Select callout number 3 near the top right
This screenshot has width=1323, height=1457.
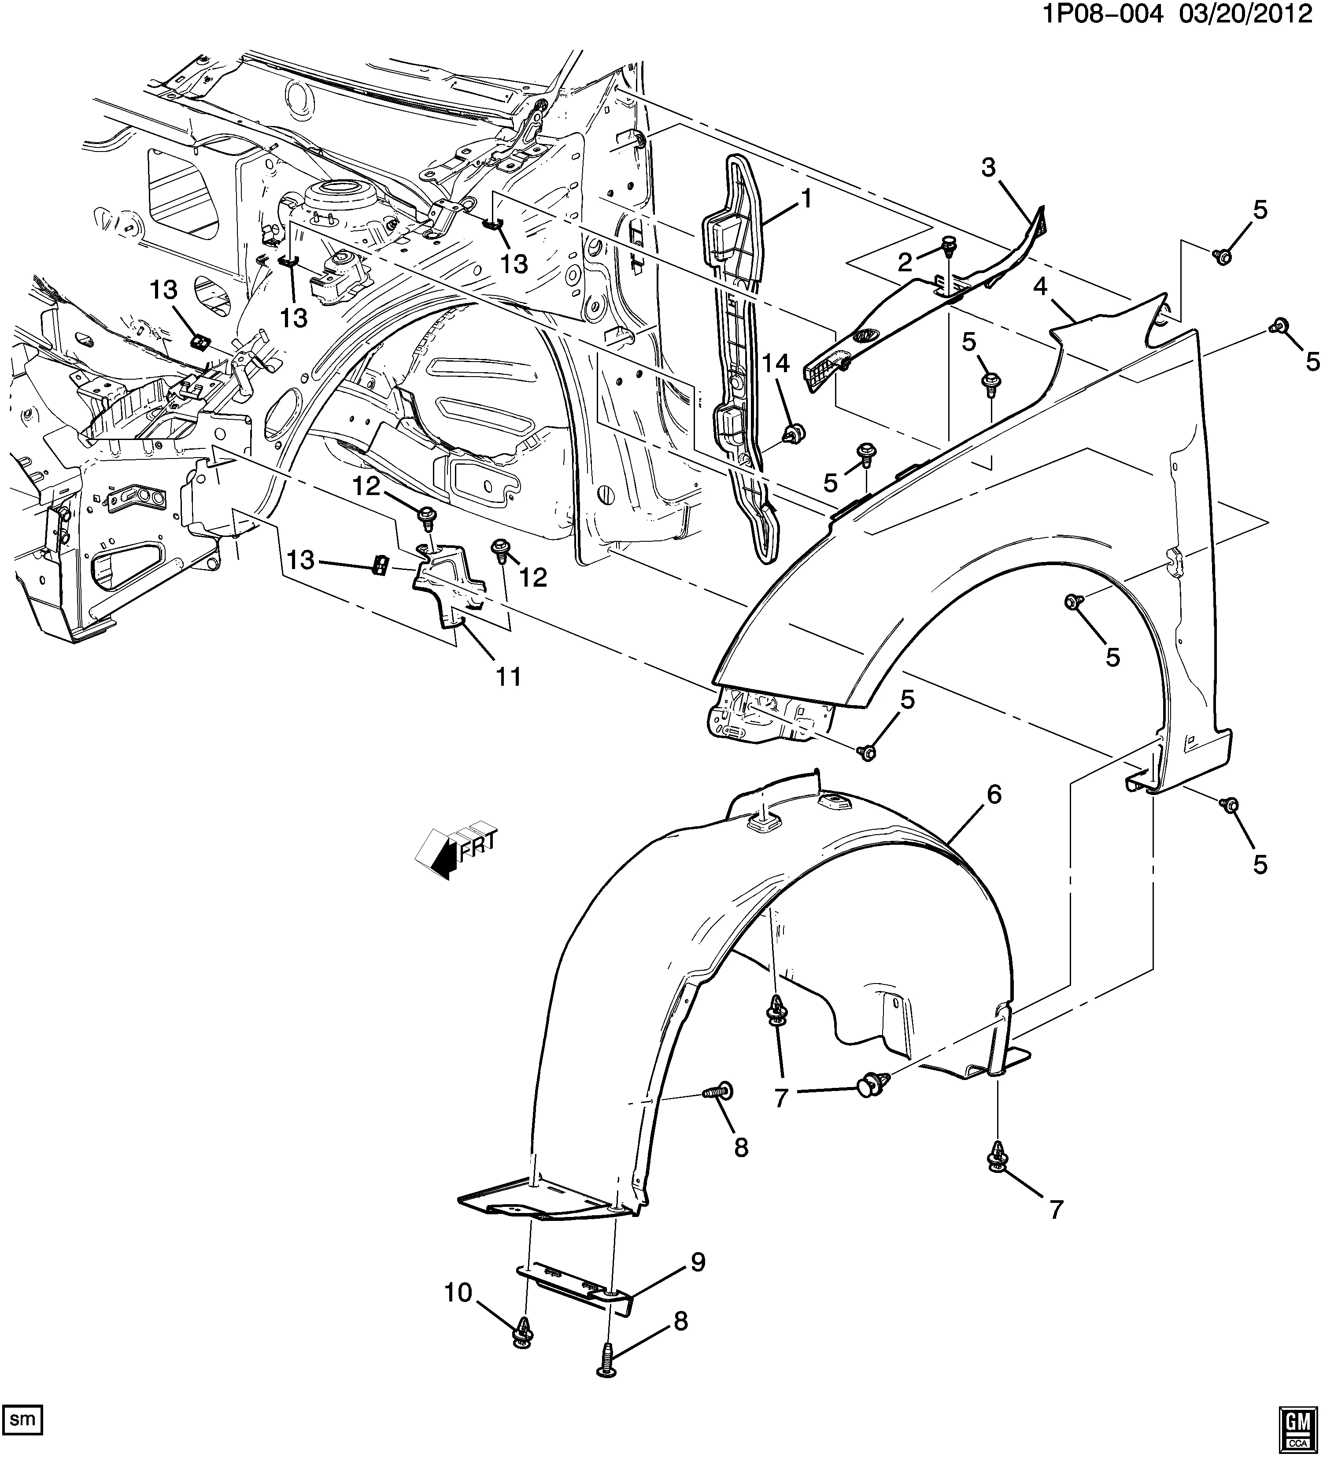(x=988, y=168)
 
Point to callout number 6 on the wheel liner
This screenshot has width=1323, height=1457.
(x=994, y=794)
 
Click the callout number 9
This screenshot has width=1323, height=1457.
(x=697, y=1263)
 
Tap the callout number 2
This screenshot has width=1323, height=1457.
(x=906, y=263)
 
